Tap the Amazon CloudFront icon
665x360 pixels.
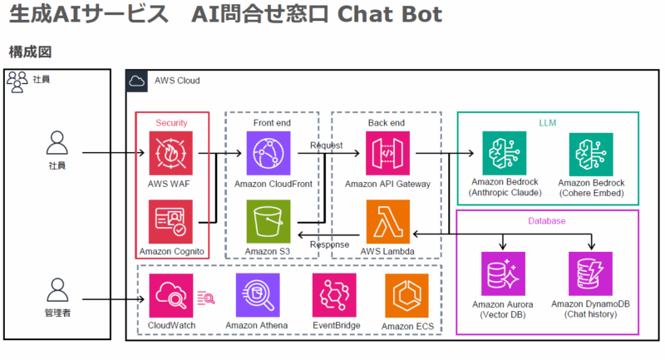[x=268, y=153]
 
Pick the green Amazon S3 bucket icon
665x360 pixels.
[x=268, y=221]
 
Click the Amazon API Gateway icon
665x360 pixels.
[x=388, y=153]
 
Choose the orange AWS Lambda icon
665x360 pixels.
[x=388, y=221]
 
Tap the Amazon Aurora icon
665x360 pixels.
[x=502, y=274]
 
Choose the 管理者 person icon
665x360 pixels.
[x=57, y=290]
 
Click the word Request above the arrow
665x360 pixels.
[x=326, y=145]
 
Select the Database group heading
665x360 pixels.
[x=548, y=221]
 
